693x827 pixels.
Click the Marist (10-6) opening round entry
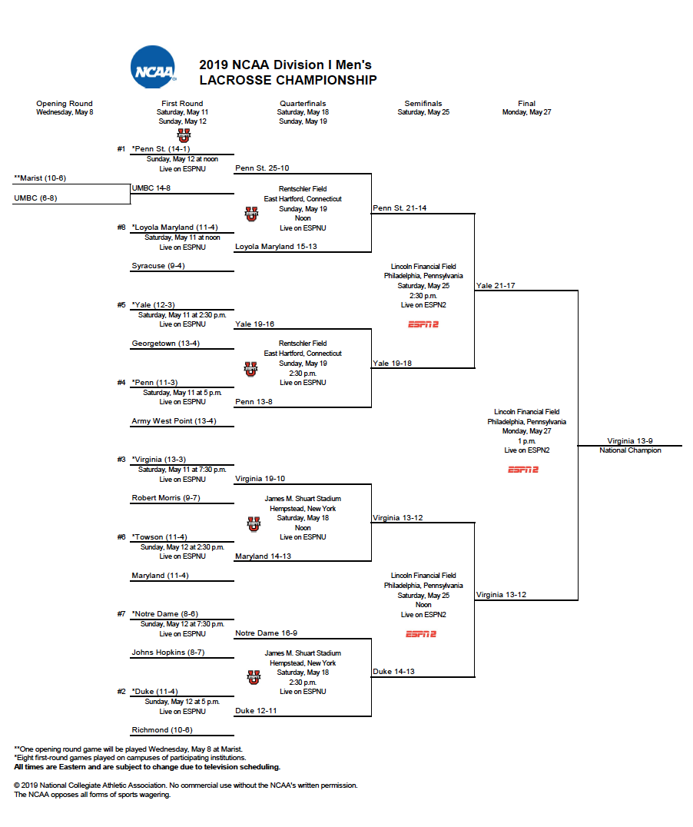coord(40,178)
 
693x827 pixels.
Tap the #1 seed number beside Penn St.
coord(121,149)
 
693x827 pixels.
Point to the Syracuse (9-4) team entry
coord(158,266)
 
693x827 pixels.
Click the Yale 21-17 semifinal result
coord(496,285)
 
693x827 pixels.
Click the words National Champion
coord(630,450)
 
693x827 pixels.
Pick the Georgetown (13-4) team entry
coord(165,344)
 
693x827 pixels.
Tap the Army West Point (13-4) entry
coord(174,421)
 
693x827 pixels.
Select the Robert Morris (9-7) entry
coord(165,498)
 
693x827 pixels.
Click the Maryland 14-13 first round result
coord(263,556)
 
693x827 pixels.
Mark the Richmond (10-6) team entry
coord(162,730)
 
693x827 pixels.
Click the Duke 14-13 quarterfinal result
coord(393,672)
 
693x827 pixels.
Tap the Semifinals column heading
coord(423,104)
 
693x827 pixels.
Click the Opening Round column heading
coord(65,104)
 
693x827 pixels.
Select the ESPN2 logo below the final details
coord(523,470)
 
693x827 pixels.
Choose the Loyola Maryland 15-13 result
coord(276,247)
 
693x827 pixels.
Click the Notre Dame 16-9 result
coord(266,633)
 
